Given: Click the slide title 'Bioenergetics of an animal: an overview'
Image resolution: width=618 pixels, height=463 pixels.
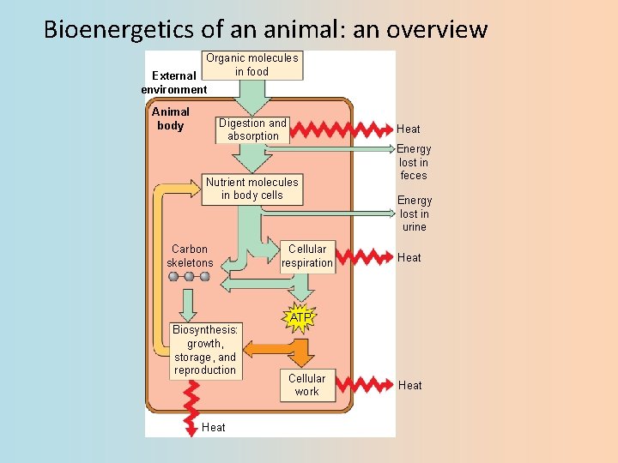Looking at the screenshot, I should [x=265, y=30].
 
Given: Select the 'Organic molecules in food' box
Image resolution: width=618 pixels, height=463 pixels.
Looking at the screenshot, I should [x=252, y=65].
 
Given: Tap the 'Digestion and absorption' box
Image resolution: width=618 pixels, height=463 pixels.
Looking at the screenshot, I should [x=253, y=129].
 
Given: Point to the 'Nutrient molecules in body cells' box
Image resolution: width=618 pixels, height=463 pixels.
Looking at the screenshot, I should [x=252, y=189].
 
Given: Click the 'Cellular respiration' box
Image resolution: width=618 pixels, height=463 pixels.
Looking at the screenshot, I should [x=307, y=256].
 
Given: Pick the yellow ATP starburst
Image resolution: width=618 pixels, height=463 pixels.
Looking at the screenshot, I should [x=300, y=318].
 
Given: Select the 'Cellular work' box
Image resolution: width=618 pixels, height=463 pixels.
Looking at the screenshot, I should [x=306, y=385].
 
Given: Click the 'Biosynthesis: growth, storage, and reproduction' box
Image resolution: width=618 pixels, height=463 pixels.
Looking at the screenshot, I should [x=205, y=350].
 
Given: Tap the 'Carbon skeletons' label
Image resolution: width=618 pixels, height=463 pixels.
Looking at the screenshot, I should [x=190, y=256].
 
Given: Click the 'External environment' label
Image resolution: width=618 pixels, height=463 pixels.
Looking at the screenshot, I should [x=174, y=82].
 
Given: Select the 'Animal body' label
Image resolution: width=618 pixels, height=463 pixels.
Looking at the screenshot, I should [x=171, y=118].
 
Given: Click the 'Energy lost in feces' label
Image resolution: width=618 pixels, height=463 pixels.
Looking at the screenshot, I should [x=414, y=162].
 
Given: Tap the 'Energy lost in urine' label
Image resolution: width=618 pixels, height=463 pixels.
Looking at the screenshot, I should [x=414, y=213].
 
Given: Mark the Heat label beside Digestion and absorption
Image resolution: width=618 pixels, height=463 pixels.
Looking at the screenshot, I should [x=409, y=129].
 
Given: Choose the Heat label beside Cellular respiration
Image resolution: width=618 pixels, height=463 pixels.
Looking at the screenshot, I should [x=409, y=257].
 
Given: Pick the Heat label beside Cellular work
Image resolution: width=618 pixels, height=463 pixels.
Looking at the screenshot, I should [x=410, y=386].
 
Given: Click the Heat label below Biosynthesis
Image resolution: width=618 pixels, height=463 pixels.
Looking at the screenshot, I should [x=214, y=427].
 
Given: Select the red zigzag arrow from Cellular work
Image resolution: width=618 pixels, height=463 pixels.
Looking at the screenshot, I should [x=360, y=386].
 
